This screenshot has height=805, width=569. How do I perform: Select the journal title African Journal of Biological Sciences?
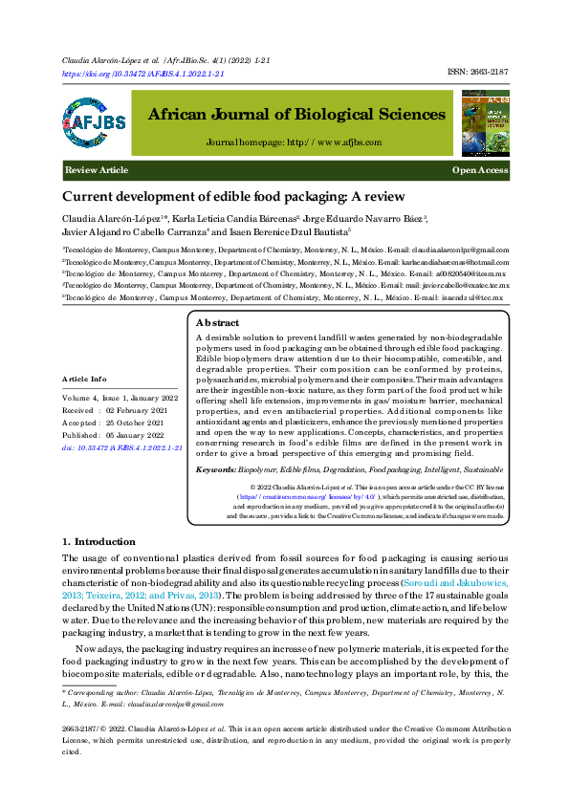(x=296, y=115)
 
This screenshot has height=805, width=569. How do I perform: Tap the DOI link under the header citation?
(x=142, y=73)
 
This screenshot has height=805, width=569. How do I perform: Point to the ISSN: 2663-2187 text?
(x=478, y=73)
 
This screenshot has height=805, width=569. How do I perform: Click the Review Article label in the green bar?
(x=97, y=170)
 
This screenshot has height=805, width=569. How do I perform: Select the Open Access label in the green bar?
(x=480, y=170)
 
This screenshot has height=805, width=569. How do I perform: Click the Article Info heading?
(x=85, y=379)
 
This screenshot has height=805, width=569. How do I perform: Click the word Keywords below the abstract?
(x=214, y=469)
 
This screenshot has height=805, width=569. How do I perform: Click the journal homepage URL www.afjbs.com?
(x=325, y=142)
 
